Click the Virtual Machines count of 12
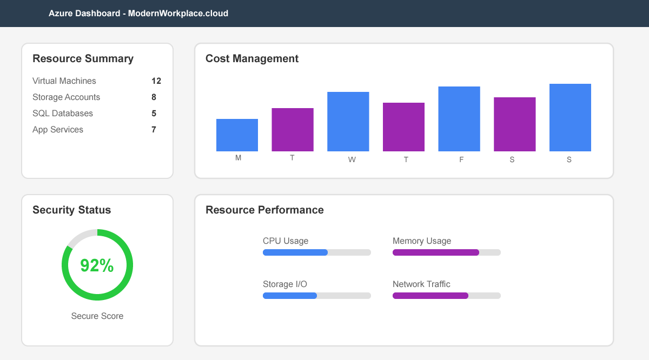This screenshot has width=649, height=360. (156, 81)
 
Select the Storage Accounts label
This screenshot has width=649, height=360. (66, 97)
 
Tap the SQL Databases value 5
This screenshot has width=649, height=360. (154, 114)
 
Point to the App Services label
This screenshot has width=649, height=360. (58, 130)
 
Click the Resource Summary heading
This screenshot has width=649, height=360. (83, 59)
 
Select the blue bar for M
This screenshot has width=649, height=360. (237, 135)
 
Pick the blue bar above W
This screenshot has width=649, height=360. (348, 122)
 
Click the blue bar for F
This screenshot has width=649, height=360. (459, 119)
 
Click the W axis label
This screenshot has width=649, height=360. (352, 160)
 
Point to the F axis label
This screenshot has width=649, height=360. (461, 160)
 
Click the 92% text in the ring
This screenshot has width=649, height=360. (97, 265)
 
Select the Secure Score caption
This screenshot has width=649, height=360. (97, 316)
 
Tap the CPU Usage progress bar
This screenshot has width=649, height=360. (316, 252)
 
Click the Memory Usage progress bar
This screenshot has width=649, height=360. (446, 252)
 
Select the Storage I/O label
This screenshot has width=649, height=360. (285, 284)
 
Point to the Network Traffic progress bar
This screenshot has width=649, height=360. (446, 296)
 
